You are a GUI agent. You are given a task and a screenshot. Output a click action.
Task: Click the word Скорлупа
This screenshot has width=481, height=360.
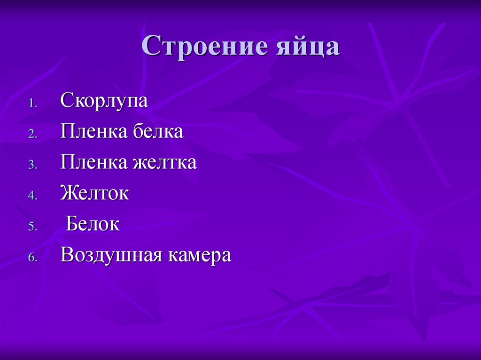pos(104,101)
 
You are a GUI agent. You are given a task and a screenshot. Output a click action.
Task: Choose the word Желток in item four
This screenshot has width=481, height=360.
pos(94,193)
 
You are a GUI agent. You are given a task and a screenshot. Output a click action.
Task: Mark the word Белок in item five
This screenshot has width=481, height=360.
pos(93,224)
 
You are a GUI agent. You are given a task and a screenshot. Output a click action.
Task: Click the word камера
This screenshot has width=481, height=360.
pos(200,255)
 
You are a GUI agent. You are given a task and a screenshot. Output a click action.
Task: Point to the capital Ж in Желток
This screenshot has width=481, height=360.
pos(68,193)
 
